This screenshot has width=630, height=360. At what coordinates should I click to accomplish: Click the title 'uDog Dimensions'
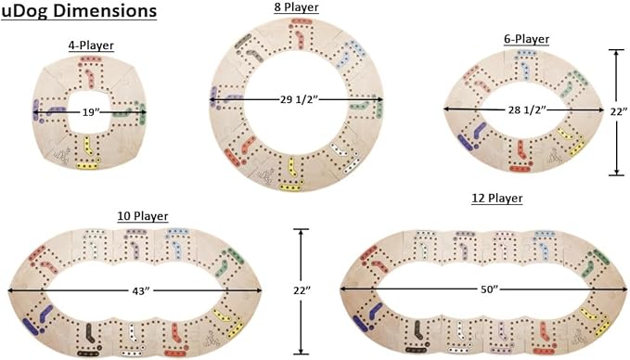[x=79, y=11]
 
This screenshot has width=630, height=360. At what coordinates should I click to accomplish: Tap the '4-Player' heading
[x=91, y=45]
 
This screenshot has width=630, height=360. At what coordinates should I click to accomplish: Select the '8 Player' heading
[x=297, y=7]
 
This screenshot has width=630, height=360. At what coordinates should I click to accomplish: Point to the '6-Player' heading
[x=526, y=39]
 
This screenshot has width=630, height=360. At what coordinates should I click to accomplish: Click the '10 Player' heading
[x=143, y=216]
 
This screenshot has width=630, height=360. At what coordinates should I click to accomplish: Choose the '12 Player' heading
[x=497, y=198]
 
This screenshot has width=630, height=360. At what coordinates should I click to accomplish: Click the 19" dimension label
[x=91, y=112]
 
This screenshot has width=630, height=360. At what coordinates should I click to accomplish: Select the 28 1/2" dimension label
[x=526, y=109]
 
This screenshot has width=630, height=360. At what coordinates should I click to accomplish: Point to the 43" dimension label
[x=141, y=290]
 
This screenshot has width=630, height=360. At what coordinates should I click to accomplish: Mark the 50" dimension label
[x=489, y=289]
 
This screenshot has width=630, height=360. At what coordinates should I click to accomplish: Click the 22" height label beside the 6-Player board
[x=619, y=111]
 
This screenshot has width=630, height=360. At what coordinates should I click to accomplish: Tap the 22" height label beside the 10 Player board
[x=302, y=290]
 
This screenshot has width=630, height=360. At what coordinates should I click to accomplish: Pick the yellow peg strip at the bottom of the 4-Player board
[x=87, y=165]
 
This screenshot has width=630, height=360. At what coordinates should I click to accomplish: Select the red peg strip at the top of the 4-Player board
[x=91, y=59]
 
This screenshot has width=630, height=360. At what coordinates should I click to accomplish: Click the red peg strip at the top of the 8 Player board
[x=299, y=21]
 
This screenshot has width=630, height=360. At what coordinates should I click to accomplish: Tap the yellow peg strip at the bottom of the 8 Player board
[x=290, y=186]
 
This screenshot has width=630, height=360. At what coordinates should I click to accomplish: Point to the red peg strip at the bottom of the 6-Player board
[x=521, y=169]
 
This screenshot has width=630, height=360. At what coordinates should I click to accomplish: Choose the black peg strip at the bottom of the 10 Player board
[x=88, y=354]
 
